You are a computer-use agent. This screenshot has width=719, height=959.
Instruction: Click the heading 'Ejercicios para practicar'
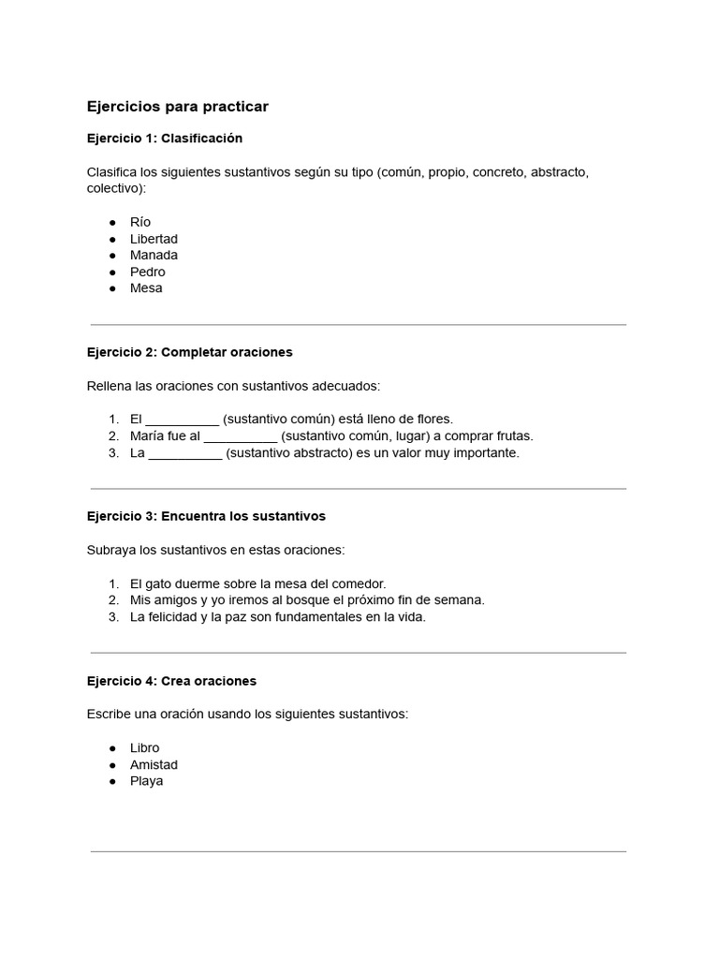pyautogui.click(x=177, y=107)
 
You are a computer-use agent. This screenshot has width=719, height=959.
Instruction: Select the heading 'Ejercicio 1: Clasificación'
pyautogui.click(x=164, y=139)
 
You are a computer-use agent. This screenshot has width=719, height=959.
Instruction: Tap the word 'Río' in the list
pyautogui.click(x=140, y=223)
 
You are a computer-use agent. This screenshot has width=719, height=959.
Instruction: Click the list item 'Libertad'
pyautogui.click(x=154, y=239)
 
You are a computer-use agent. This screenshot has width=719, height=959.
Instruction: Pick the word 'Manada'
pyautogui.click(x=154, y=255)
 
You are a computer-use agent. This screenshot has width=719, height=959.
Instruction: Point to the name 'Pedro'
pyautogui.click(x=147, y=272)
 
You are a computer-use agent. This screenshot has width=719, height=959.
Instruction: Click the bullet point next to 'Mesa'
pyautogui.click(x=112, y=288)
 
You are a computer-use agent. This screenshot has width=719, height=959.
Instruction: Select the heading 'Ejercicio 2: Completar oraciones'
pyautogui.click(x=189, y=352)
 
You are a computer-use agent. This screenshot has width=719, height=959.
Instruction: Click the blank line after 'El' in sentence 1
pyautogui.click(x=183, y=420)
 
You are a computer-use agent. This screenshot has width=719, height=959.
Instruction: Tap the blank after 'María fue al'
pyautogui.click(x=241, y=436)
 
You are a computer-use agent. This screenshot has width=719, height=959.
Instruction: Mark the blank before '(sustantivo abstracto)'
pyautogui.click(x=185, y=453)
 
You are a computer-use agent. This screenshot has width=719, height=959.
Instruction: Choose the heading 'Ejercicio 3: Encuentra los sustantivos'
pyautogui.click(x=206, y=516)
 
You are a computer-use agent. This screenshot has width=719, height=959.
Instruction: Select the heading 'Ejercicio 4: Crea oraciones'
pyautogui.click(x=171, y=681)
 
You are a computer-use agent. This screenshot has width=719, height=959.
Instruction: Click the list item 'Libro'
pyautogui.click(x=144, y=747)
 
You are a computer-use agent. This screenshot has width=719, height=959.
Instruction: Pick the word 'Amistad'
pyautogui.click(x=154, y=764)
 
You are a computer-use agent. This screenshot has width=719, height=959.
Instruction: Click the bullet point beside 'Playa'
pyautogui.click(x=112, y=781)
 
